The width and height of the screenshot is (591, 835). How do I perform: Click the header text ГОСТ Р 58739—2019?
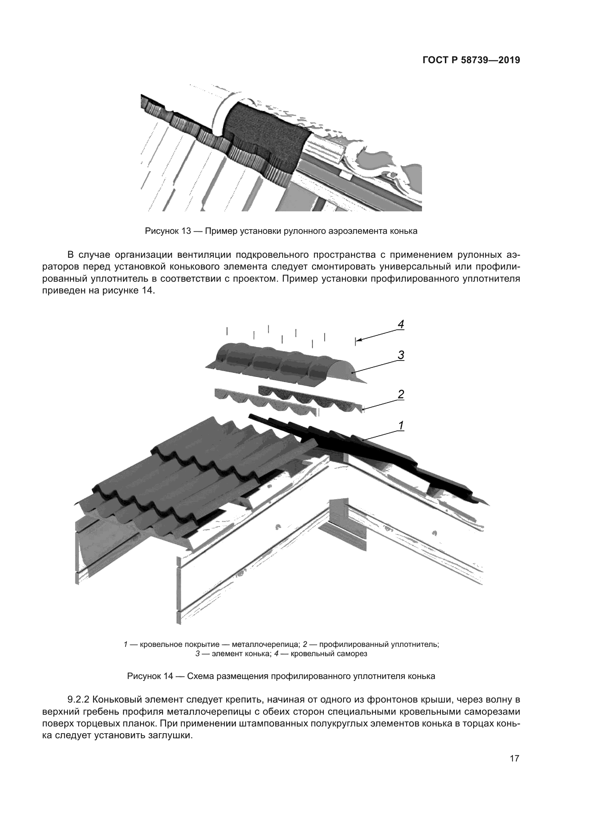click(x=471, y=60)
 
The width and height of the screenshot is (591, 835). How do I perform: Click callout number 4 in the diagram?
click(x=401, y=324)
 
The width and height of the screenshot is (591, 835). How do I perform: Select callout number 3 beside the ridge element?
click(x=401, y=355)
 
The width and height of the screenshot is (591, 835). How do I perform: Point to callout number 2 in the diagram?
click(x=401, y=394)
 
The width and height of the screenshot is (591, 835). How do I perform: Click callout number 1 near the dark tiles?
click(x=401, y=425)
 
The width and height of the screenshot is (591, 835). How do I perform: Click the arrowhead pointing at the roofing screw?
click(x=358, y=341)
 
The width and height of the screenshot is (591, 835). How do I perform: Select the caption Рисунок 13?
click(x=281, y=231)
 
